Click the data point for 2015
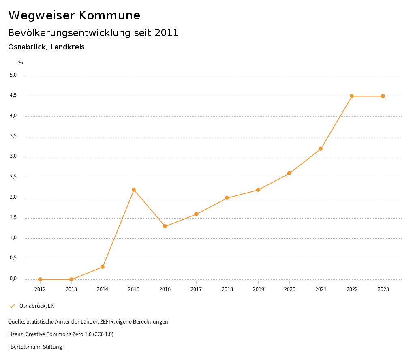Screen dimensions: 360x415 pyautogui.click(x=134, y=190)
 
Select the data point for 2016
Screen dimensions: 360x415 pyautogui.click(x=165, y=226)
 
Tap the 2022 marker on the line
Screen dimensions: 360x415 pyautogui.click(x=352, y=96)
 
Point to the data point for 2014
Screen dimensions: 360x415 pyautogui.click(x=103, y=267)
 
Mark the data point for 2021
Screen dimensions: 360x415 pyautogui.click(x=321, y=149)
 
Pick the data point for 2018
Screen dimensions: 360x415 pyautogui.click(x=227, y=198)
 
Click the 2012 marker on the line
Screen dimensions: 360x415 pyautogui.click(x=40, y=279)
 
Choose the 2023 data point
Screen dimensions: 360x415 pyautogui.click(x=383, y=96)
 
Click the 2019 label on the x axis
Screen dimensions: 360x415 pyautogui.click(x=258, y=289)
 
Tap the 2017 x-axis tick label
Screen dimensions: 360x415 pyautogui.click(x=196, y=289)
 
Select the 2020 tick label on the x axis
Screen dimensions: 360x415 pyautogui.click(x=289, y=289)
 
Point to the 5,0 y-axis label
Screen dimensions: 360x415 pyautogui.click(x=13, y=75)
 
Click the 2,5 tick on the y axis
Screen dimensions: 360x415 pyautogui.click(x=13, y=177)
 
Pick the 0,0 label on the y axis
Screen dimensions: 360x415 pyautogui.click(x=13, y=279)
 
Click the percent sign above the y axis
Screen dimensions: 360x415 pyautogui.click(x=21, y=63)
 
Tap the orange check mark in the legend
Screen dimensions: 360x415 pyautogui.click(x=12, y=306)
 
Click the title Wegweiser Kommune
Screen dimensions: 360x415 pyautogui.click(x=74, y=15)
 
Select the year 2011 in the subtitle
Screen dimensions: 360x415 pyautogui.click(x=166, y=33)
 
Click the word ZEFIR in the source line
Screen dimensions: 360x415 pyautogui.click(x=106, y=322)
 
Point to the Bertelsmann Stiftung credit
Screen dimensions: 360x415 pyautogui.click(x=36, y=347)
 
